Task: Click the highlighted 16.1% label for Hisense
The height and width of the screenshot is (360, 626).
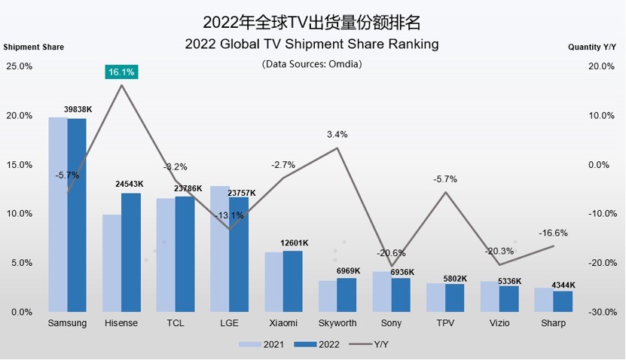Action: point(121,72)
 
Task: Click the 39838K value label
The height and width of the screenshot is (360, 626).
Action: point(78,110)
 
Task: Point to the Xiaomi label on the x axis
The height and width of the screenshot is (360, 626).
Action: point(282,323)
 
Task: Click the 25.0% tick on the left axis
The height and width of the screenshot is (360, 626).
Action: point(19,66)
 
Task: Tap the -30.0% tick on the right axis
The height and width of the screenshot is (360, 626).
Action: point(602,312)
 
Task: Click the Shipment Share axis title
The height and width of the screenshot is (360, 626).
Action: point(34,47)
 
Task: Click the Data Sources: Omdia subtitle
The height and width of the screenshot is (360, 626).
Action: point(312,64)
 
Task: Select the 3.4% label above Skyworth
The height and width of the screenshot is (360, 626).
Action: point(337,135)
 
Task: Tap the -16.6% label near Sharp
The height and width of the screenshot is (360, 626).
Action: point(554,233)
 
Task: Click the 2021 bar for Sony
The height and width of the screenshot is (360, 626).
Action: point(383,291)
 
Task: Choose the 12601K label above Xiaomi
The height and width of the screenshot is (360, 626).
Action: point(294,243)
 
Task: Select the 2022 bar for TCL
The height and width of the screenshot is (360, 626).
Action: point(185,254)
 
